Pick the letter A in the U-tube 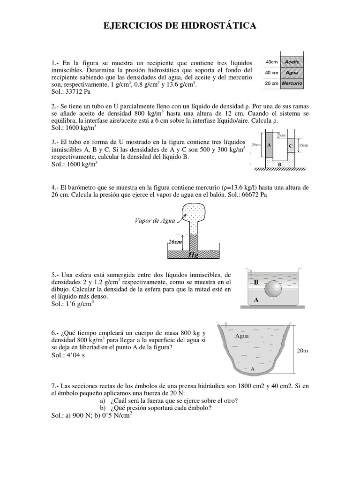click(269, 145)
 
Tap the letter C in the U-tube click(291, 146)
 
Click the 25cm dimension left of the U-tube click(256, 145)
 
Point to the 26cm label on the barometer click(174, 242)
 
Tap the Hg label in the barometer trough click(193, 255)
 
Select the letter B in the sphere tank click(256, 283)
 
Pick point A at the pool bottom click(253, 369)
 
